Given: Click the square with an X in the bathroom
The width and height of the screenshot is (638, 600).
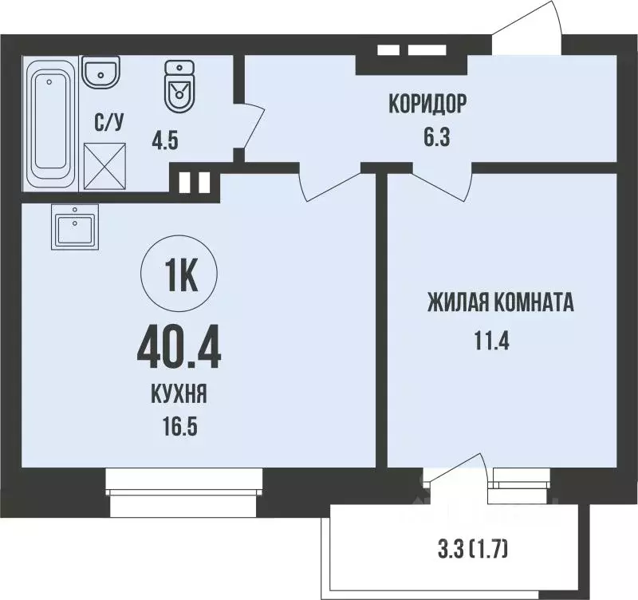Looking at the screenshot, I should coord(104,165).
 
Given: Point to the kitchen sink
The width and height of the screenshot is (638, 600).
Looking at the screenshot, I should coord(73,227).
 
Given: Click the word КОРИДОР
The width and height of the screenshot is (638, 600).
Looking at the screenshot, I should coord(427,104).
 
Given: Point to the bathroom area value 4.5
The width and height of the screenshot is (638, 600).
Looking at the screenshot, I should coord(165,144).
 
